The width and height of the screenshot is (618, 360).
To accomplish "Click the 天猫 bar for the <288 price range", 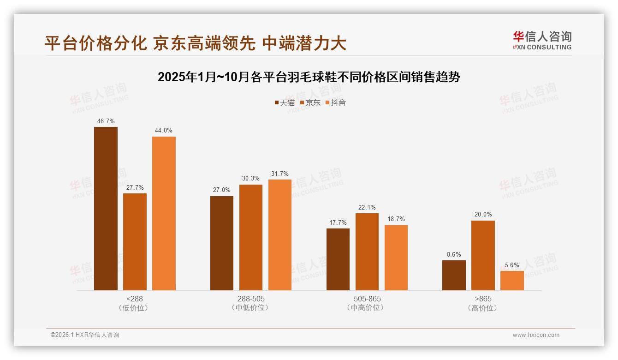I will coord(106,209).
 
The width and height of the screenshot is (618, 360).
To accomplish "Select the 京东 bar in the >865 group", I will coord(483,255).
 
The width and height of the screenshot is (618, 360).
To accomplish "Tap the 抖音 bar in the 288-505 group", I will coord(280,234).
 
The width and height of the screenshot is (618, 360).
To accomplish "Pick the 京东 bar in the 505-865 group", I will coord(367,252).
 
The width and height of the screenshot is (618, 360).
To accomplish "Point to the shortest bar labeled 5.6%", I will coord(512,281).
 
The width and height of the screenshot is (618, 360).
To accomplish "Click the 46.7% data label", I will coord(106,121).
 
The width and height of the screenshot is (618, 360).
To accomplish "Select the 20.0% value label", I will coord(483,215).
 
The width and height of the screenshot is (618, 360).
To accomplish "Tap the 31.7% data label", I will coord(280,174).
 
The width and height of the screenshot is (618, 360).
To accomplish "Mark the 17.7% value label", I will coord(338,223).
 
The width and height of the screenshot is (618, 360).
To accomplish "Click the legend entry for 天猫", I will coord(285,103).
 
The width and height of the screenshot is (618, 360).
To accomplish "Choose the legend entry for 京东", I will coord(310,103).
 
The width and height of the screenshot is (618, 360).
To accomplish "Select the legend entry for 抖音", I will coord(336,103).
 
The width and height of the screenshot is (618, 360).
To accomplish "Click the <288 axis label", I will coord(135,299).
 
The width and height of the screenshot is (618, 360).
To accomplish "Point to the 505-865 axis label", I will coord(367,299).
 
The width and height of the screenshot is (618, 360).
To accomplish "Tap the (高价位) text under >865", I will coord(483,308).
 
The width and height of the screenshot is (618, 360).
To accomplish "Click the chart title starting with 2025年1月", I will coord(309,77).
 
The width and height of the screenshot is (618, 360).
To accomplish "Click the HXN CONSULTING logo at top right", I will coord(542,41).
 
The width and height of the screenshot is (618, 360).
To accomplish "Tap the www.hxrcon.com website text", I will coord(536,335).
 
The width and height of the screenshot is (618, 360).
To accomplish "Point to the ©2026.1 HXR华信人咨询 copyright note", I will coord(85,335).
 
